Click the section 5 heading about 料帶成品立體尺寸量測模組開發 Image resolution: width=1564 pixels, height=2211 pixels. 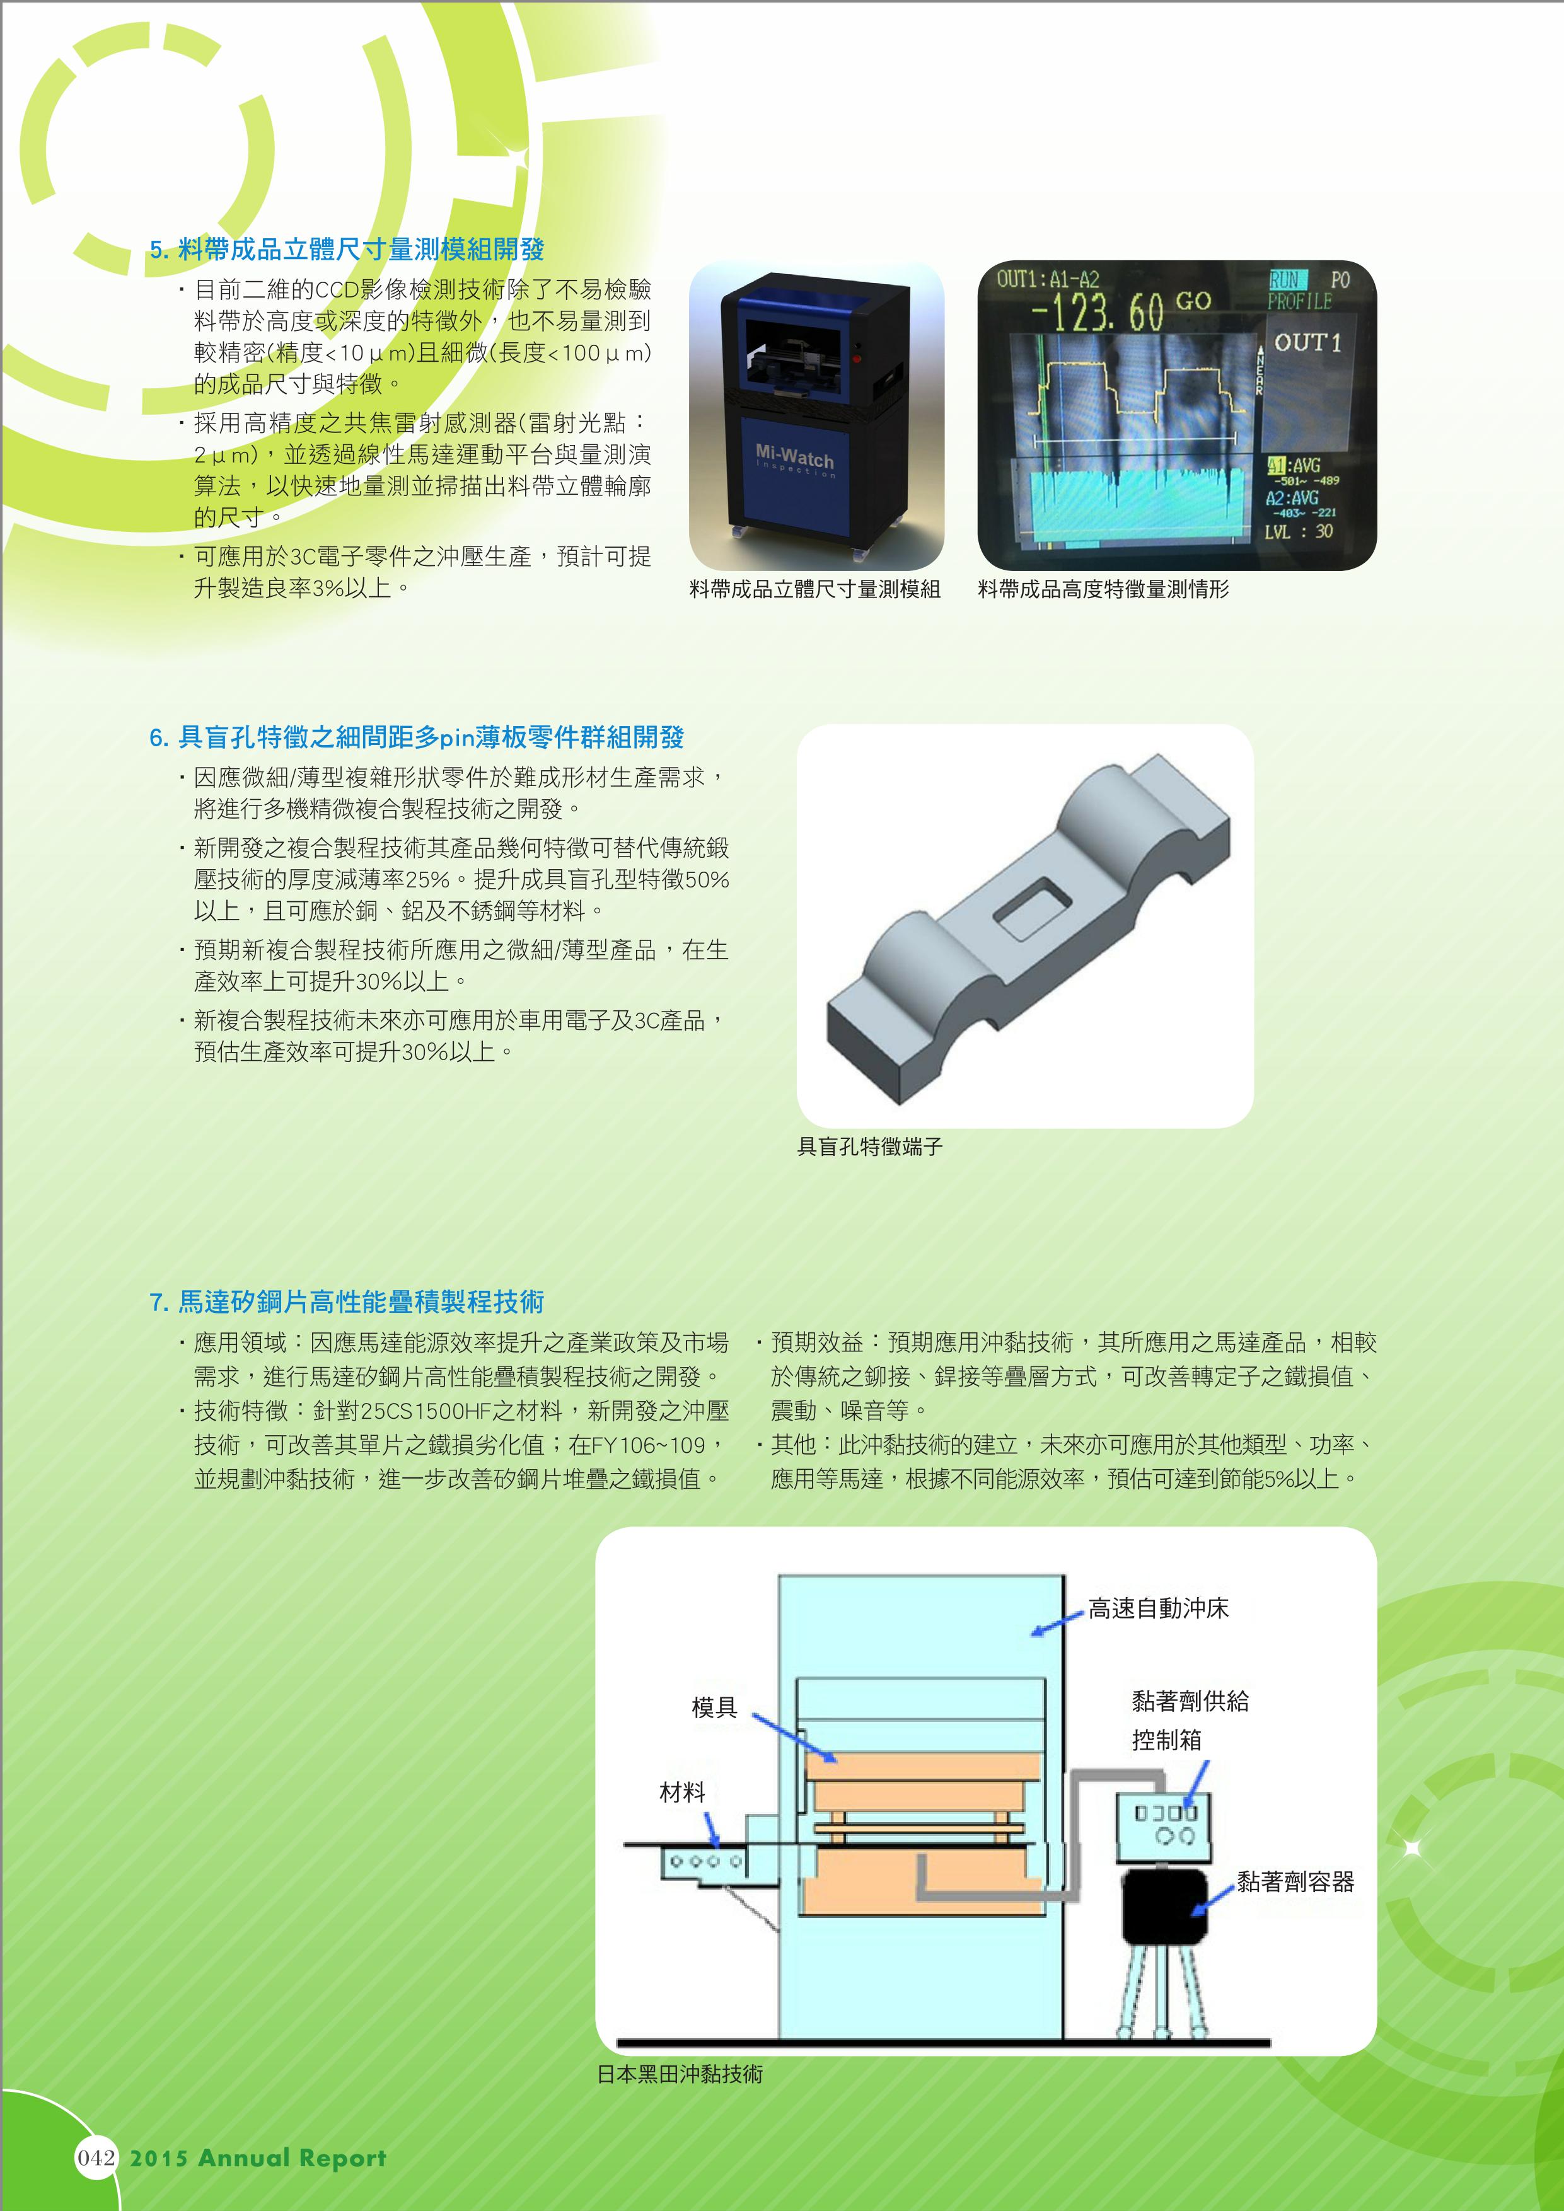(347, 250)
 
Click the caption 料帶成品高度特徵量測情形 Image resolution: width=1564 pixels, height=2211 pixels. (1104, 589)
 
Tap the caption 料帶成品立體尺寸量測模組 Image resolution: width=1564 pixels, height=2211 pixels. (814, 589)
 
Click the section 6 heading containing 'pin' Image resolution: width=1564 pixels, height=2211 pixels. (416, 737)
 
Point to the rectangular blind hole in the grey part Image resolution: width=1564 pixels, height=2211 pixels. (1031, 908)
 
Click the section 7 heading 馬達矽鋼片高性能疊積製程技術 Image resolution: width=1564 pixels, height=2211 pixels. (347, 1302)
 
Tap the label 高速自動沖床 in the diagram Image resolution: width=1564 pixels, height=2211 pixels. (1159, 1609)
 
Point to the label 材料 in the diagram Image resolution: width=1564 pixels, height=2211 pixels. (683, 1792)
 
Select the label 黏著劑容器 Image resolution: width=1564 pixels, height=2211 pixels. (1295, 1881)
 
